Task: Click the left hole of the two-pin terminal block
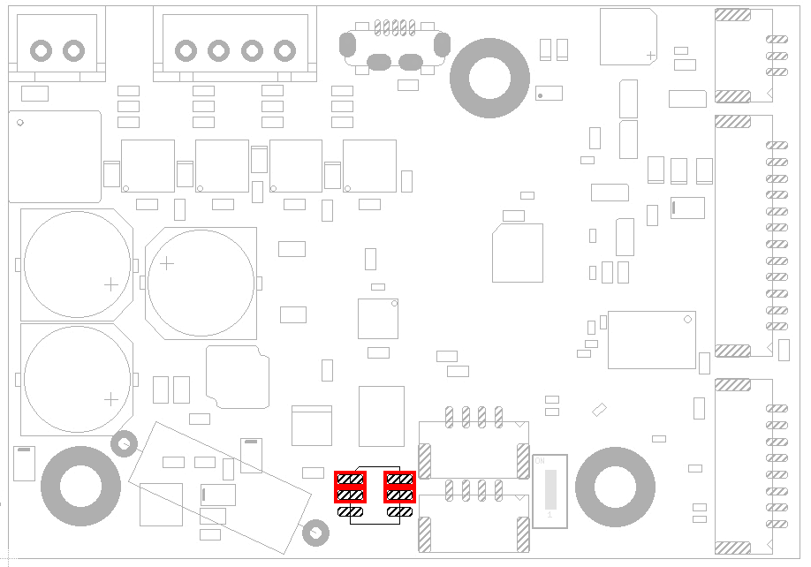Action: click(x=41, y=49)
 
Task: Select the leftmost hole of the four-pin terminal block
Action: click(x=186, y=50)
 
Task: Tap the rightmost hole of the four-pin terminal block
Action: click(x=284, y=50)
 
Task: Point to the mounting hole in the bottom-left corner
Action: click(x=80, y=486)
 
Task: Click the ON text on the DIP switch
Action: click(x=540, y=462)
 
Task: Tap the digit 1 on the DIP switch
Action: click(x=549, y=514)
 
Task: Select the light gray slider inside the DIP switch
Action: click(x=549, y=486)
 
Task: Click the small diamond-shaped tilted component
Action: click(x=600, y=409)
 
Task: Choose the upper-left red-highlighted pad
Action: click(x=351, y=480)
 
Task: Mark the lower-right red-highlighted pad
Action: click(x=400, y=495)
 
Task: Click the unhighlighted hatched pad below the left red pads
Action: click(x=351, y=511)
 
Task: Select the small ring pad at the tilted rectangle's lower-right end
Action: click(x=315, y=533)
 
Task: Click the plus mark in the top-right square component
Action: click(x=650, y=55)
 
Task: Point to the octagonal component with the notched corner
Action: click(x=237, y=377)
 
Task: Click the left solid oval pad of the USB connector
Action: click(x=378, y=62)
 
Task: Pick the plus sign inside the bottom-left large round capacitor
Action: click(x=110, y=399)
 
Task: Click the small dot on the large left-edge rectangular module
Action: click(x=20, y=123)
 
